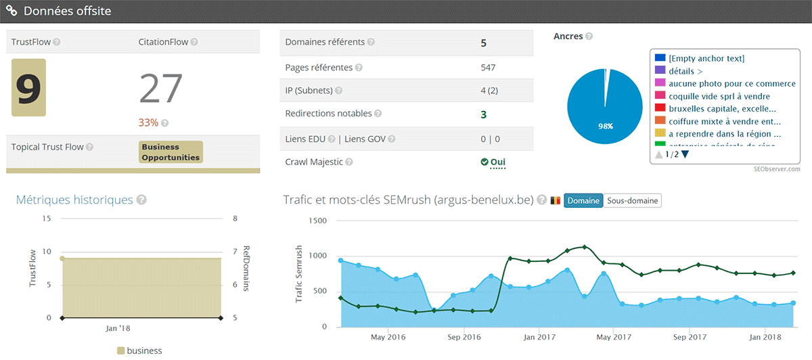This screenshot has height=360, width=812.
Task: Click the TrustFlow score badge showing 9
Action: (28, 87)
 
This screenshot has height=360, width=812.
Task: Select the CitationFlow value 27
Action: (161, 89)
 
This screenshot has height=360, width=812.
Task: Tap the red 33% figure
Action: (148, 122)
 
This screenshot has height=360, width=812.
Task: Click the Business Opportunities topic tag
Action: (171, 152)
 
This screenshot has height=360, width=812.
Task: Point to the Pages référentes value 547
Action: (488, 68)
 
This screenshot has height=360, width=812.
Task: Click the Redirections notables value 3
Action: (484, 114)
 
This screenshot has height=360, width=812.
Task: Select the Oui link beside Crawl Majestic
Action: (497, 162)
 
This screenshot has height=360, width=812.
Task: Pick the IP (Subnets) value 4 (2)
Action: (489, 91)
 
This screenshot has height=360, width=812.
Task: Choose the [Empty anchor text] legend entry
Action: (706, 59)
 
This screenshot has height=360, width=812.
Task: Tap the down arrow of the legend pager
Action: (685, 154)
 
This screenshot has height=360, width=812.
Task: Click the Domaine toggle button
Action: (583, 201)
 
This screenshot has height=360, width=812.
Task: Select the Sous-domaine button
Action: (632, 201)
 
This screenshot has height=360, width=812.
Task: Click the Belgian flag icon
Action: (555, 201)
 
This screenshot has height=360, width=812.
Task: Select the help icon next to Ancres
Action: (589, 37)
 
